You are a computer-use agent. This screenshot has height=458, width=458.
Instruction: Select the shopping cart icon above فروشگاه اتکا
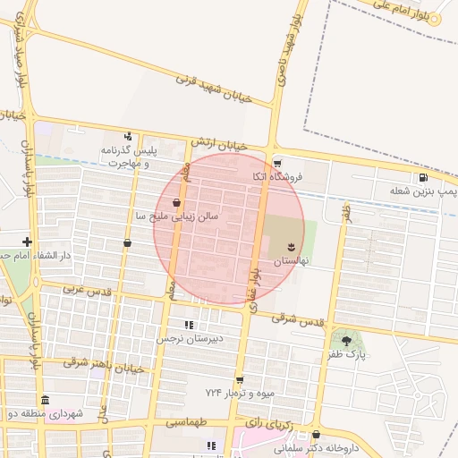(x=277, y=164)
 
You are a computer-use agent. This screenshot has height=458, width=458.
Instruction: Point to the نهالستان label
(x=290, y=259)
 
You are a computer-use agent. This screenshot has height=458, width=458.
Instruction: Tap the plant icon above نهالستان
(x=290, y=245)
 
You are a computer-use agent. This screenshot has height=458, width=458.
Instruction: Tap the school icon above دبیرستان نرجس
(x=189, y=325)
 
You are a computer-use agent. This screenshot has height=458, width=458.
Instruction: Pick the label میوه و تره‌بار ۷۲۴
(x=237, y=394)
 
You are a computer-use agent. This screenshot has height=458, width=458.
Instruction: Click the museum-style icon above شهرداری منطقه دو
(x=45, y=400)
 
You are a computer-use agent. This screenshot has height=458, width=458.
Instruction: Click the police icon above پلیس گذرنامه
(x=129, y=136)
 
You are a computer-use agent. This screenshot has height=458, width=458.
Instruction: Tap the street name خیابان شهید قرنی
(x=214, y=87)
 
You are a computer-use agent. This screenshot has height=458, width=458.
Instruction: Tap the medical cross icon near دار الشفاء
(x=28, y=241)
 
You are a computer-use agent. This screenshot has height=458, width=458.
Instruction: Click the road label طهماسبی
(x=184, y=422)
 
